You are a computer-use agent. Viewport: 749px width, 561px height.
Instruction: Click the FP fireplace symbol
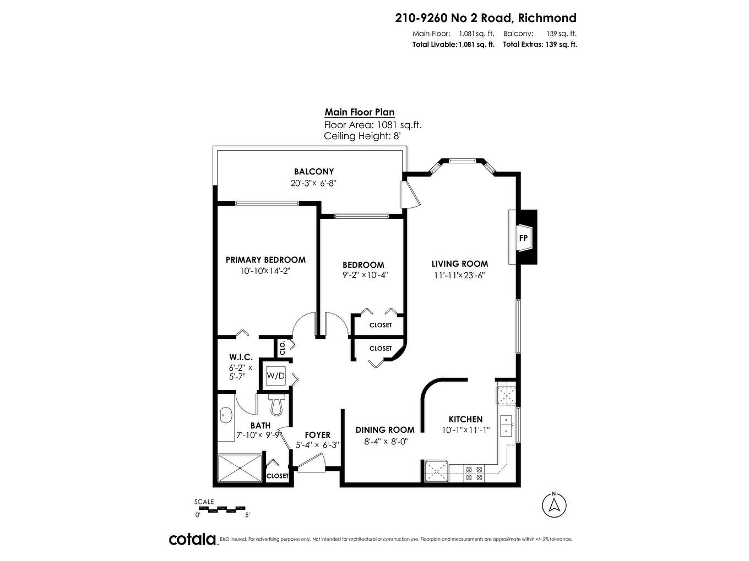point(523,238)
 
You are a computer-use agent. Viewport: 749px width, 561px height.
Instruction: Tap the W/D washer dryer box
point(276,376)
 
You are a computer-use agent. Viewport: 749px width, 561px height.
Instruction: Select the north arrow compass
point(555,504)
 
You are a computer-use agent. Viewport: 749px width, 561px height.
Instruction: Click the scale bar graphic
point(222,508)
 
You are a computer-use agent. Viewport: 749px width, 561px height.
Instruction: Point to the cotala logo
point(192,539)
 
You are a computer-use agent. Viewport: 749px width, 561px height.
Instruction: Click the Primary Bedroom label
point(265,260)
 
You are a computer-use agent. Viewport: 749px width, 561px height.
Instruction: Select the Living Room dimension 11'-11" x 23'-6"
point(459,275)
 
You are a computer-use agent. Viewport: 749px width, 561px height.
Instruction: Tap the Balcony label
point(313,172)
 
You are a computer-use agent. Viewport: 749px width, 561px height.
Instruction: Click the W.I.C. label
point(241,357)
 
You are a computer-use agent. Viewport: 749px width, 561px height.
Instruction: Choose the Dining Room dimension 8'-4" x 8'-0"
point(385,441)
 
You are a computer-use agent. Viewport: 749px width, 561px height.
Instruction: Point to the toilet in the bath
point(276,405)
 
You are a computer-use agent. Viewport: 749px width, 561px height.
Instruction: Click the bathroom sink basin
point(225,416)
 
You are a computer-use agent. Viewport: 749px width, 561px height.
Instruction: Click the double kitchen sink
point(505,426)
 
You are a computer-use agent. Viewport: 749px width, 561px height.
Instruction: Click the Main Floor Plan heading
point(359,112)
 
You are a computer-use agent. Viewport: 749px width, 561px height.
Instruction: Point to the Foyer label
point(317,435)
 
